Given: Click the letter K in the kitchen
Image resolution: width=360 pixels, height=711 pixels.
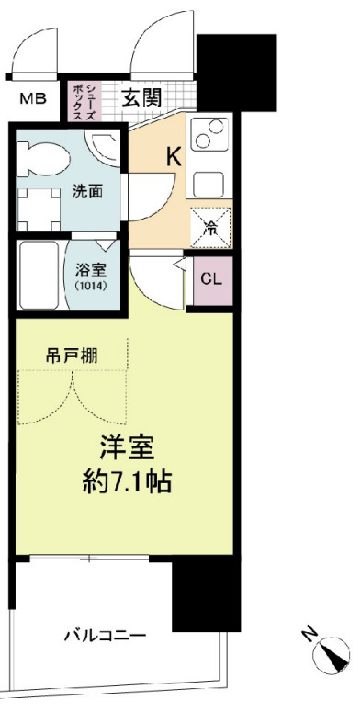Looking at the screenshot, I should (173, 157).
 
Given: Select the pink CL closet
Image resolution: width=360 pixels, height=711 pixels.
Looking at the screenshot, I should (210, 278).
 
